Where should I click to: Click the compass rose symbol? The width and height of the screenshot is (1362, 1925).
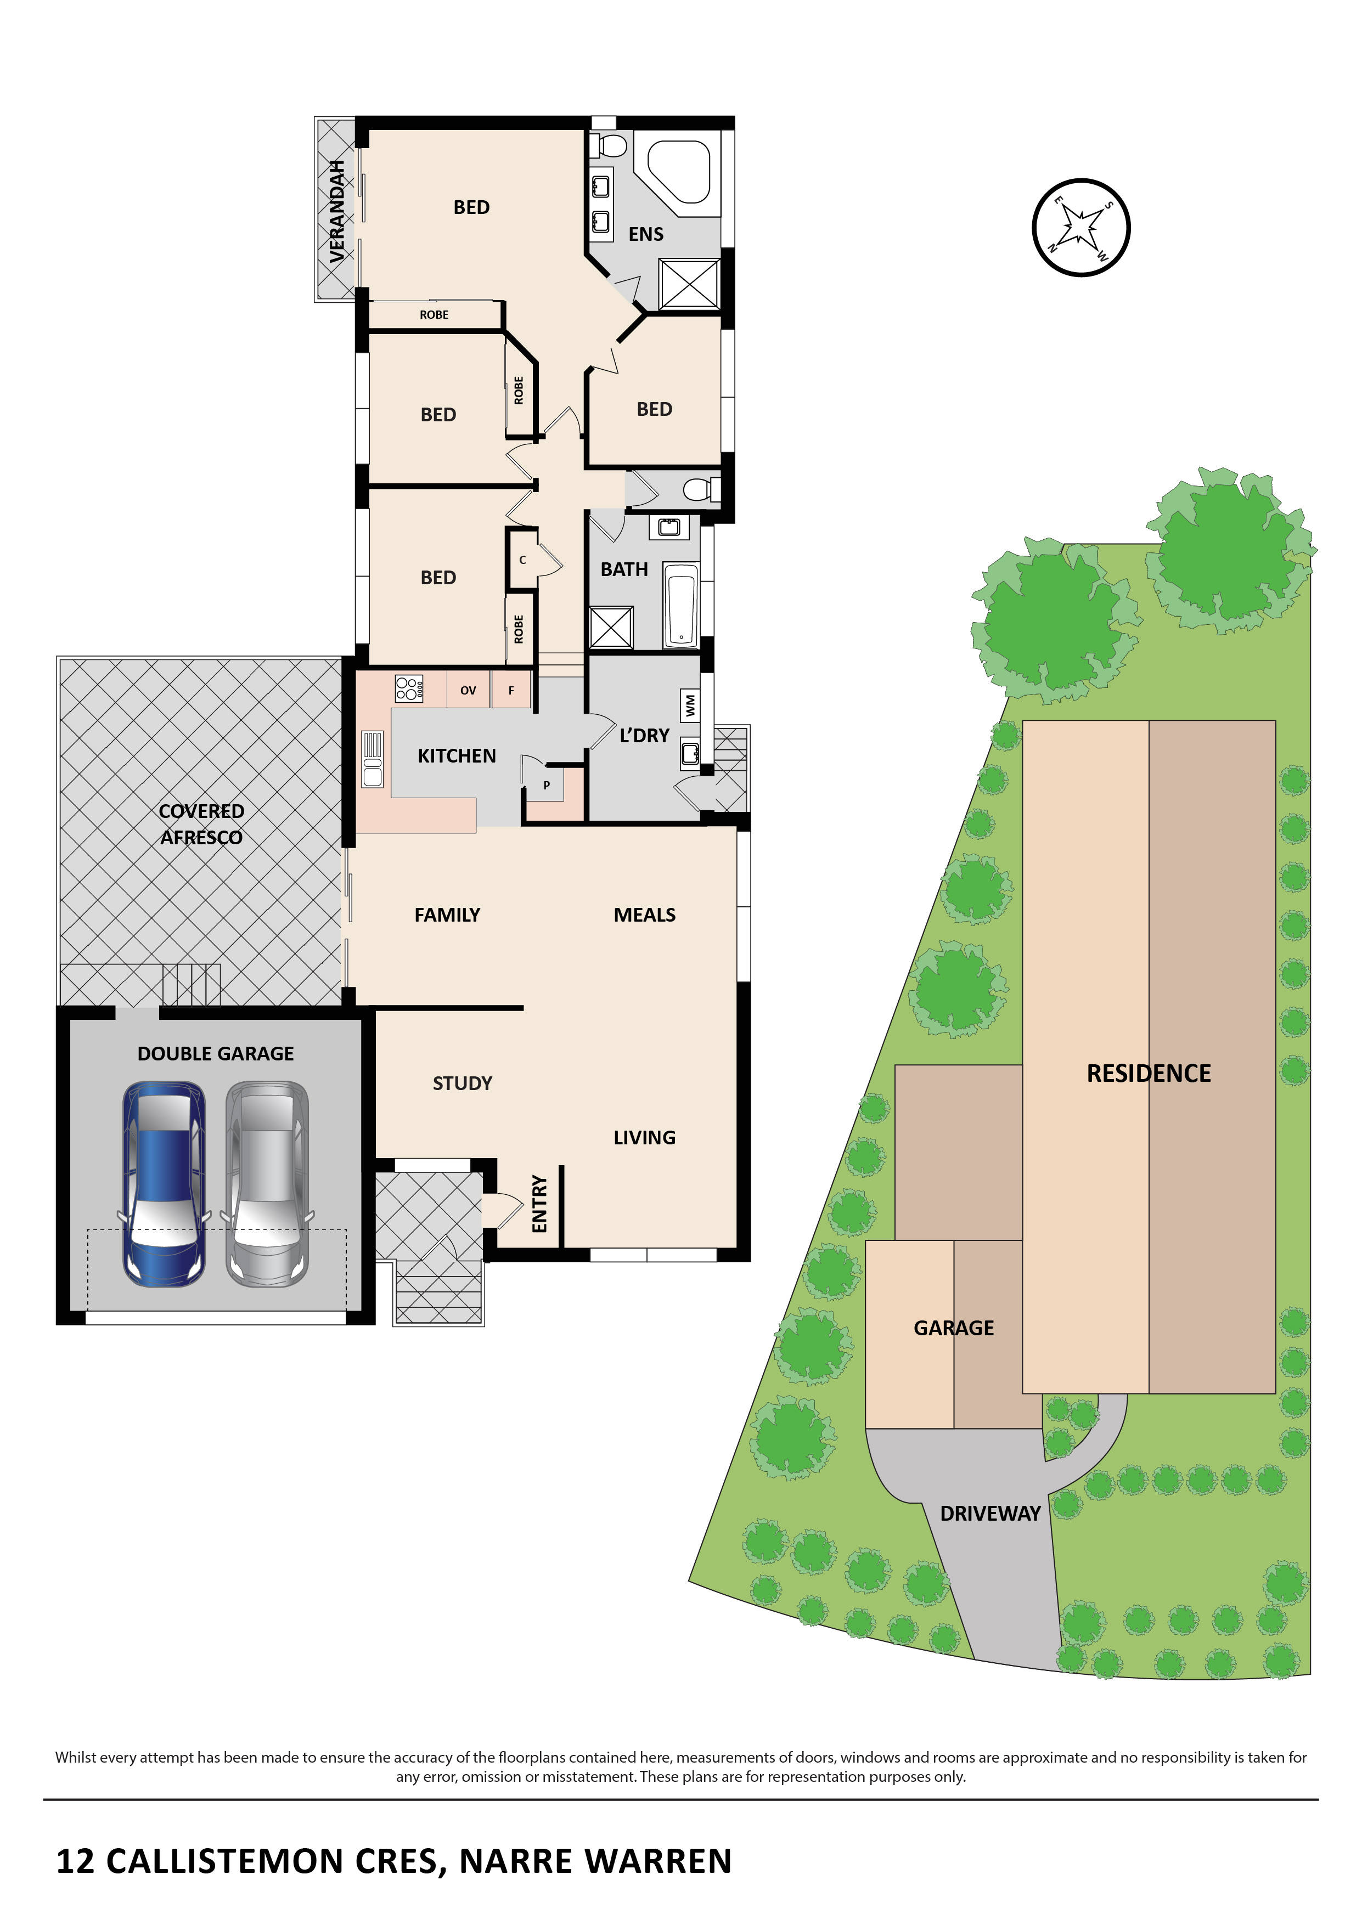1081,227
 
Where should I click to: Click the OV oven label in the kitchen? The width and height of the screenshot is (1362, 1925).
468,690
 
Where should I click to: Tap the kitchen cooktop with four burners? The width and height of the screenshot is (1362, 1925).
409,689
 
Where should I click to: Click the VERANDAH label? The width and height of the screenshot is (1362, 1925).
337,211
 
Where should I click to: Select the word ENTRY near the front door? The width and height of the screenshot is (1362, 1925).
539,1204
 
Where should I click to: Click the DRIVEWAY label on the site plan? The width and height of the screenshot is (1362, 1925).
989,1514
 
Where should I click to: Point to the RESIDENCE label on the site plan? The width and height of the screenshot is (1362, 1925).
1148,1073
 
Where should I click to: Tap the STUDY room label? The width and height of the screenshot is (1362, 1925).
462,1083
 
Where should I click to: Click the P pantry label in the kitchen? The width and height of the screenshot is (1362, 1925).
547,786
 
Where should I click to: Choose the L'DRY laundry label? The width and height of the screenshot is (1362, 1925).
644,735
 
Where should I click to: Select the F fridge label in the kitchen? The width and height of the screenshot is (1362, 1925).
511,690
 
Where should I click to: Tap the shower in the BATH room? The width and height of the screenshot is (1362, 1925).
611,626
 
